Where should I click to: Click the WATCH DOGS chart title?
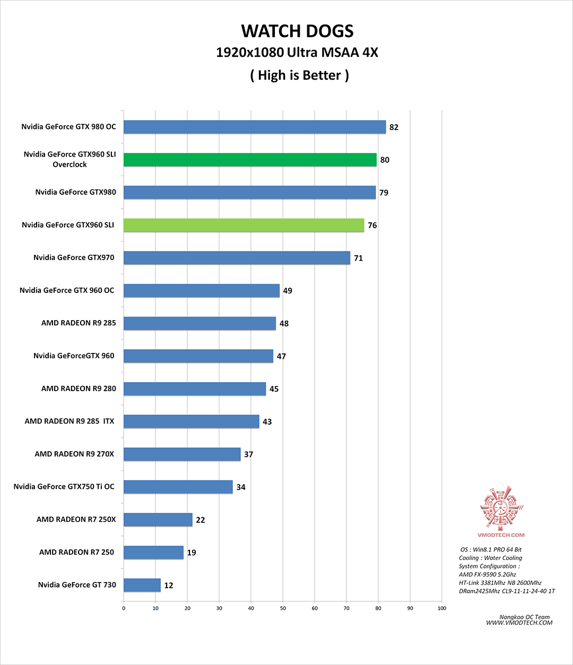click(297, 31)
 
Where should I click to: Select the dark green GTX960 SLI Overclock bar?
click(250, 160)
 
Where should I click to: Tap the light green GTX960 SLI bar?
click(244, 225)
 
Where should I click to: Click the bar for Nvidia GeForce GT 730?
click(142, 585)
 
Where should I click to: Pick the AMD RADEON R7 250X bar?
click(158, 520)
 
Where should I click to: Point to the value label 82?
click(394, 127)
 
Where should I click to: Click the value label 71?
click(359, 258)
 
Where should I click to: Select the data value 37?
click(249, 454)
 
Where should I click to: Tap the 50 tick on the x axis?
click(283, 608)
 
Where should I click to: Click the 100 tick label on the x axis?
click(442, 608)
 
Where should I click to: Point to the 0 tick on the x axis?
click(124, 608)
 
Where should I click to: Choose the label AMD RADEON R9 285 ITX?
click(70, 421)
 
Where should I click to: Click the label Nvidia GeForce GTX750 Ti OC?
click(64, 487)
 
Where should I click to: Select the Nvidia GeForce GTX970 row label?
click(74, 257)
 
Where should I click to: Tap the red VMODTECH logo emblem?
click(501, 507)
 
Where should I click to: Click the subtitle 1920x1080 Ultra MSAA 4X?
click(297, 53)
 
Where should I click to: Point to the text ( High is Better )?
click(300, 75)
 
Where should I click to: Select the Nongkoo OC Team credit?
click(525, 617)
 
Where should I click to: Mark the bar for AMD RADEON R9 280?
click(195, 389)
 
